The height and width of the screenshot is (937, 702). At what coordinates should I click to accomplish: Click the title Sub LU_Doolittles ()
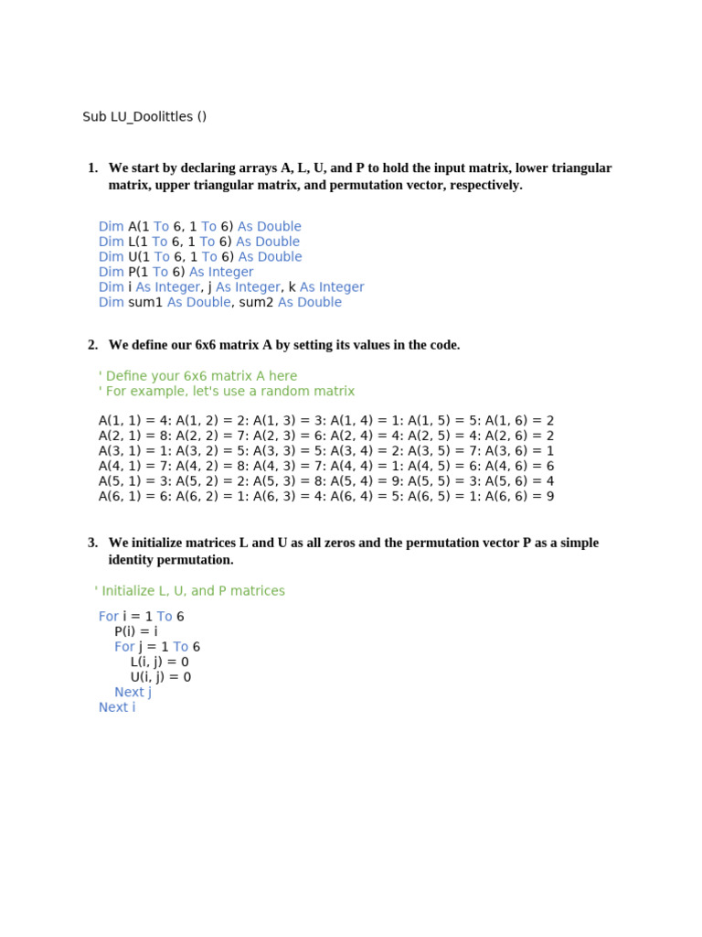click(144, 116)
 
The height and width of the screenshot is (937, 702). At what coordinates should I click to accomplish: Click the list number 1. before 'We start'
click(92, 167)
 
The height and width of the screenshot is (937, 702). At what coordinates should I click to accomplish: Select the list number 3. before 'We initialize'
click(92, 543)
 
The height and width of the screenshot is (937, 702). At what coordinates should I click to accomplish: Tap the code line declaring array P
click(175, 272)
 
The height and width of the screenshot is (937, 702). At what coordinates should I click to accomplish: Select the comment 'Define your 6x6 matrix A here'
click(197, 376)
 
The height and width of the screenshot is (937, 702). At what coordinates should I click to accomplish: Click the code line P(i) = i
click(136, 631)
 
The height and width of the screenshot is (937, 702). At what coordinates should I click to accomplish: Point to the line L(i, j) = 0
click(160, 662)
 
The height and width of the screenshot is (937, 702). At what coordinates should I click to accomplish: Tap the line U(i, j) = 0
click(161, 677)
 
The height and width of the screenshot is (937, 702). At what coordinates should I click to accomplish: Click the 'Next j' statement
click(133, 692)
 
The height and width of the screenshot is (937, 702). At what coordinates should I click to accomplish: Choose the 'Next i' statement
click(117, 707)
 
